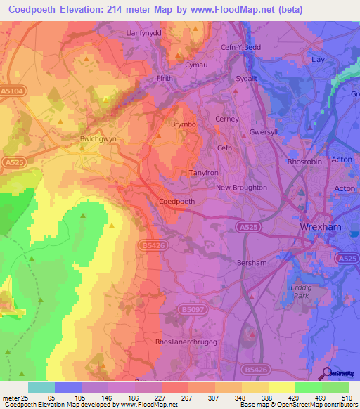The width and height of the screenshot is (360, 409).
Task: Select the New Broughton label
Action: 241,188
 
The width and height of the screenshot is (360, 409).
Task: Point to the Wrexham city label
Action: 320,228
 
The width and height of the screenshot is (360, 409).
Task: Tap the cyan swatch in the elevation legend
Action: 41,387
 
